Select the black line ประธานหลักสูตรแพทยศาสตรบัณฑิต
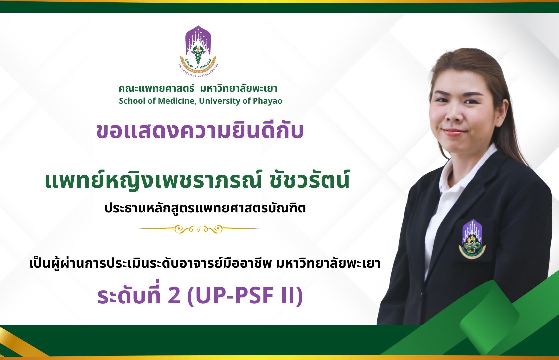(x=205, y=208)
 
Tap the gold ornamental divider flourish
(x=198, y=229)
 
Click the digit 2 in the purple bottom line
(x=174, y=296)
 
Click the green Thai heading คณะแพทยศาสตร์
(x=156, y=89)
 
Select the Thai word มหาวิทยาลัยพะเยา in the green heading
(x=239, y=89)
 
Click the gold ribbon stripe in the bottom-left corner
(x=20, y=343)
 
